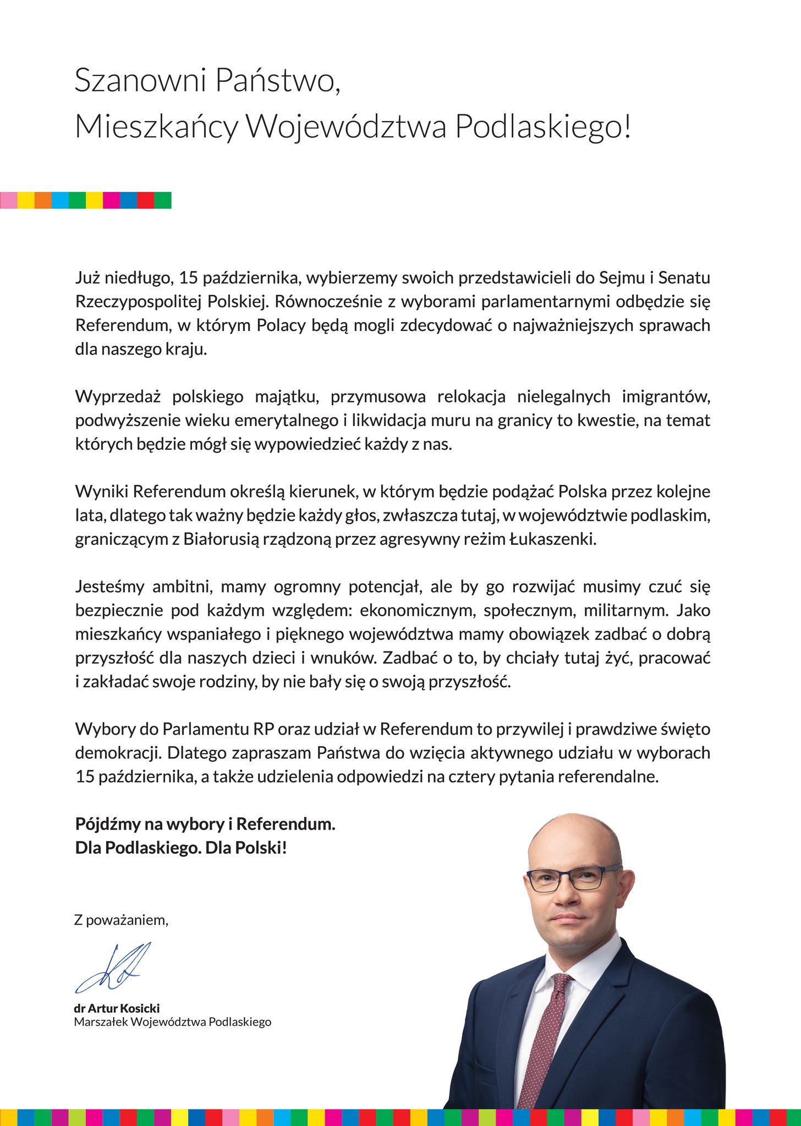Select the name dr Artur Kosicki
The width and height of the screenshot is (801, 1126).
pos(117,1008)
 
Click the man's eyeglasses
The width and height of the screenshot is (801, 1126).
pos(572,878)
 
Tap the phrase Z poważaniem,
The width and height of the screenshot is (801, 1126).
pos(121,920)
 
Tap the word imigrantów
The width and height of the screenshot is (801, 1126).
pos(666,396)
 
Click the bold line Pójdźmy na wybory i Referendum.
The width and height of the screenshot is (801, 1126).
pos(205,824)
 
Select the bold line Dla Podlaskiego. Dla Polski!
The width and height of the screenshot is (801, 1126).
pos(182,848)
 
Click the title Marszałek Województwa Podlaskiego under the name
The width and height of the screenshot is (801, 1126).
pos(173,1022)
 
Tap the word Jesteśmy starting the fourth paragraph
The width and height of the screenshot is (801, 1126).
pos(109,587)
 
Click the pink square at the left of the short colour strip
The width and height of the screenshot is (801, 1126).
pos(8,200)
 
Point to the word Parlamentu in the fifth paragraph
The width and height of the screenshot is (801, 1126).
pos(206,730)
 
